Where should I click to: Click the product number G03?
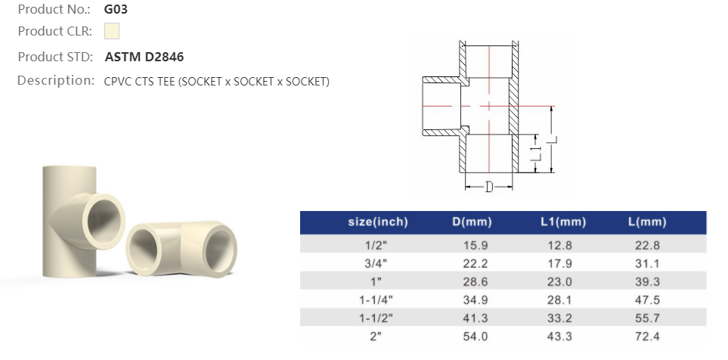coord(116,9)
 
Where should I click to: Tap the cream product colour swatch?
coord(112,31)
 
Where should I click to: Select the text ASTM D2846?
coord(144,57)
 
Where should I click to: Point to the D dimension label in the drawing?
coord(489,188)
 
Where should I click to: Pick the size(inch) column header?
coord(378,222)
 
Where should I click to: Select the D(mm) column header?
coord(472,222)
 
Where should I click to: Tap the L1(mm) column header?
coord(563,222)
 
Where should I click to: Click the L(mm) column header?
coord(647,222)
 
